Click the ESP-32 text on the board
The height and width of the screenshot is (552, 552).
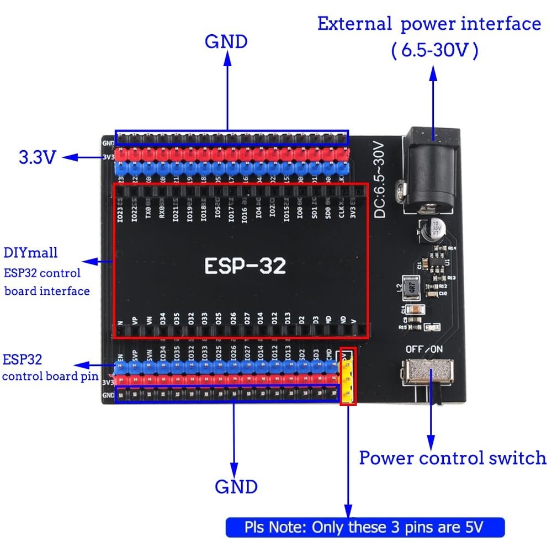coord(245,266)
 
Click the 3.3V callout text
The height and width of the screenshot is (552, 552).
coord(38,158)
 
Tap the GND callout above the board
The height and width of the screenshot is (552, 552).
coord(226,41)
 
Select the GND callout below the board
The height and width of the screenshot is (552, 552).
coord(236,486)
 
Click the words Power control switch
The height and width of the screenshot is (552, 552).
coord(453,458)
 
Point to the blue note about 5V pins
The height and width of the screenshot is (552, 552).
coord(365,527)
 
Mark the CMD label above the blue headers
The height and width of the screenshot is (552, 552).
coord(329,353)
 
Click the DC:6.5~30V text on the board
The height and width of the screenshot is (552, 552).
coord(380,179)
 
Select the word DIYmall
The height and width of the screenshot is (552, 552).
coord(30,253)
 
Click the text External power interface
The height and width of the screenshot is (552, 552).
coord(429,24)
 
